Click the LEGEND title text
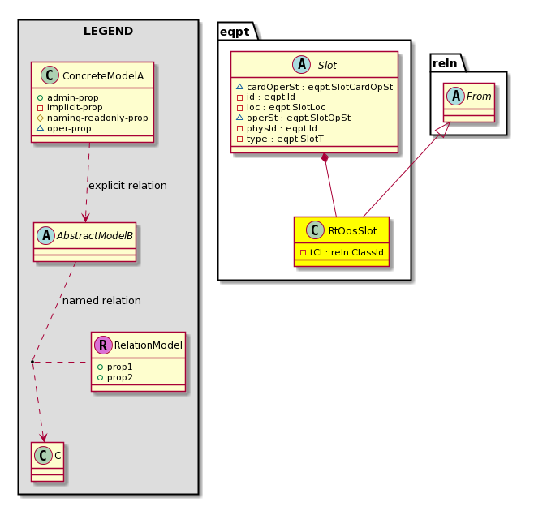[108, 31]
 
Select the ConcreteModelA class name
[103, 76]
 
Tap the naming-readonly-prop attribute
[97, 118]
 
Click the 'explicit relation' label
[127, 185]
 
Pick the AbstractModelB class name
[95, 235]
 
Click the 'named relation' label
[101, 301]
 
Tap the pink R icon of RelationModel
[103, 345]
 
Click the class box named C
[47, 461]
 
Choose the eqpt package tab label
[235, 32]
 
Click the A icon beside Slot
[301, 64]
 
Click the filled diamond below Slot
[325, 158]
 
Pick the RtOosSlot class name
[352, 231]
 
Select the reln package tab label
[445, 63]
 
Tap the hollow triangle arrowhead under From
[444, 130]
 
